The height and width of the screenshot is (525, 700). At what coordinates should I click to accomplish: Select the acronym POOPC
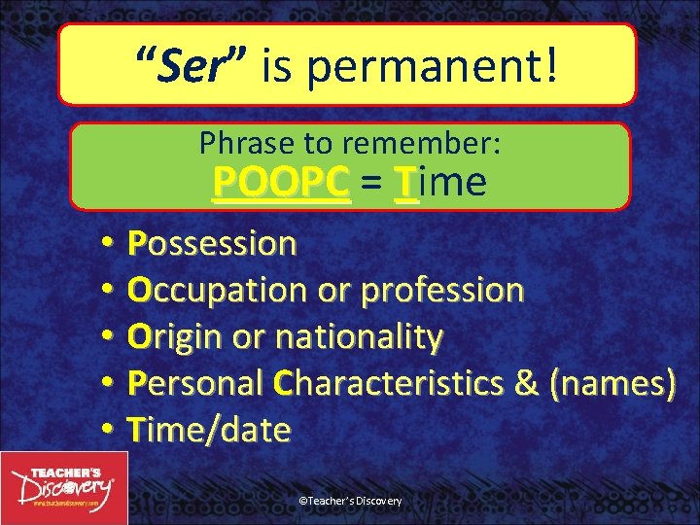tap(281, 182)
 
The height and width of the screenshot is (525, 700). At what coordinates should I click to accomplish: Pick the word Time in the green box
tap(440, 182)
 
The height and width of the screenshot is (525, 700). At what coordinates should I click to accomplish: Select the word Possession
tap(211, 243)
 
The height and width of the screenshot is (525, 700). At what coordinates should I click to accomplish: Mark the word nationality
tap(360, 336)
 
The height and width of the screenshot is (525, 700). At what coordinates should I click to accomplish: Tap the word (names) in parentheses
tap(613, 383)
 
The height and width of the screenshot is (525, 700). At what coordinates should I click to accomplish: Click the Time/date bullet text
tap(208, 429)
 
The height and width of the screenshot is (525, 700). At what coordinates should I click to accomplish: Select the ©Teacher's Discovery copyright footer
tap(350, 501)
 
